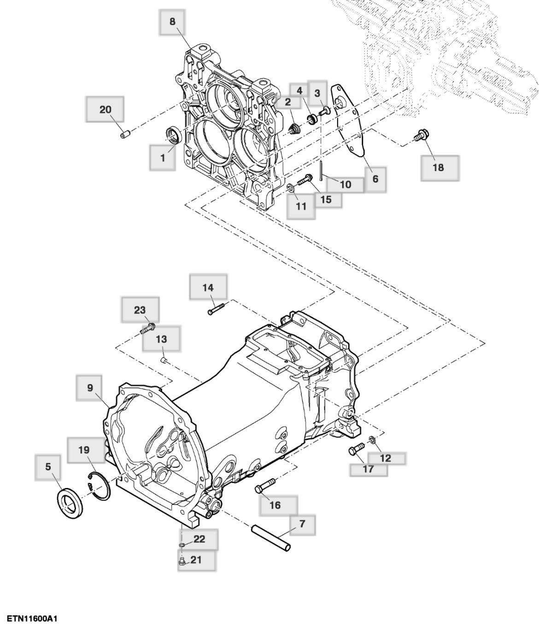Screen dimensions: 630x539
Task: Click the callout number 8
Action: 172,22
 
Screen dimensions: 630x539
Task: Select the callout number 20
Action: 105,110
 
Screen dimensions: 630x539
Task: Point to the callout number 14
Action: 208,288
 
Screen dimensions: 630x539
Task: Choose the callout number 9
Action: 90,388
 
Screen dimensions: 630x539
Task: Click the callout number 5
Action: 48,467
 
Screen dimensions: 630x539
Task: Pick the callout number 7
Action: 302,524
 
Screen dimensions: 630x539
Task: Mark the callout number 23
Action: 140,310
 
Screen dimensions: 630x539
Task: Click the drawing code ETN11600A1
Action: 32,618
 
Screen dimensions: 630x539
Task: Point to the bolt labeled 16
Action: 264,486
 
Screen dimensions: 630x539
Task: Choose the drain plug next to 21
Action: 182,561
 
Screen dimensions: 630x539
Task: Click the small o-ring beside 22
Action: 182,545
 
